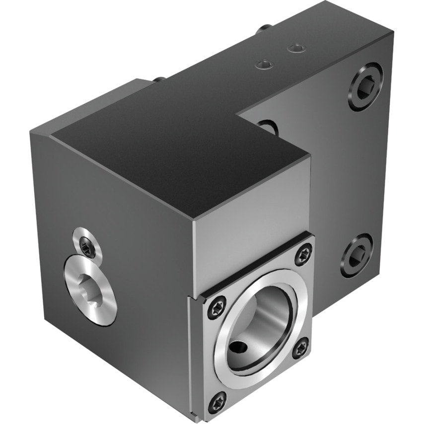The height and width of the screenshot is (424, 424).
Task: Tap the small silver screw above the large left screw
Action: pos(88,243)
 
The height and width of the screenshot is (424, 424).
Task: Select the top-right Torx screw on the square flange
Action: pos(302,255)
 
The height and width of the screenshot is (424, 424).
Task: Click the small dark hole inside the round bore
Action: pos(238,350)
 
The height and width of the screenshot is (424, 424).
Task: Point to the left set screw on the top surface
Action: pos(263,63)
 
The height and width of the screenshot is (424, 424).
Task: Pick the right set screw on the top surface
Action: pos(297,48)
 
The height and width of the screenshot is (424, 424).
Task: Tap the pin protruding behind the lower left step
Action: pos(158,79)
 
